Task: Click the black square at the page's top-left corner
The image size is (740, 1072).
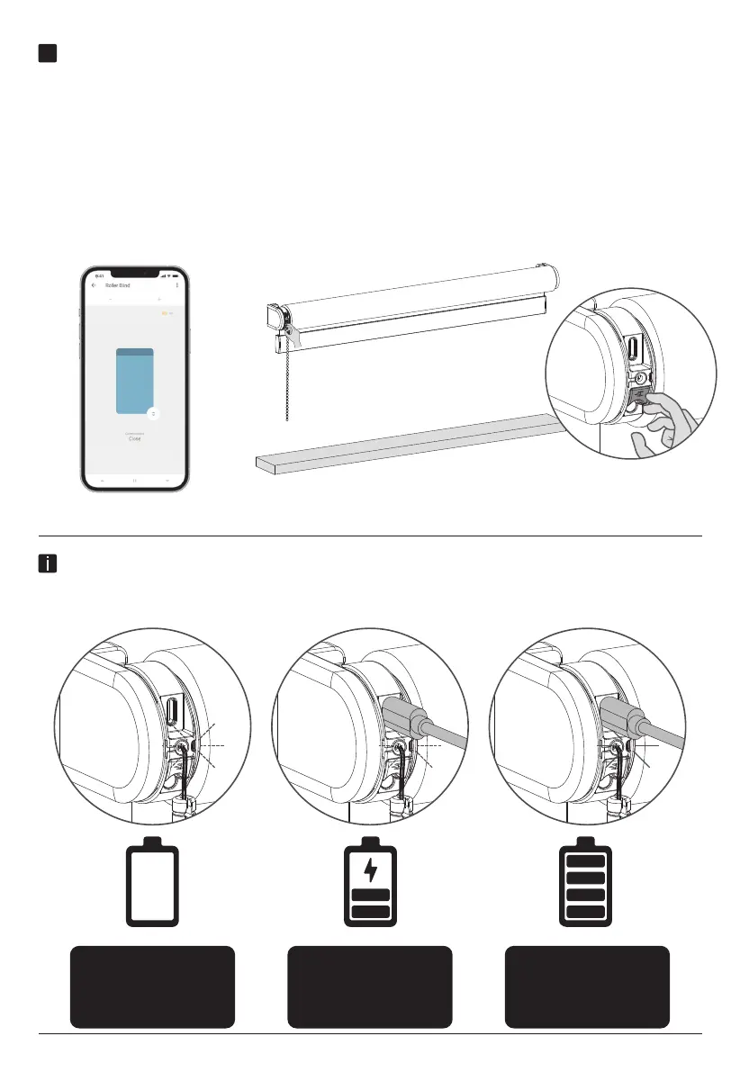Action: click(x=49, y=53)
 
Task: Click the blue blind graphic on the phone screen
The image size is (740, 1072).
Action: click(x=135, y=382)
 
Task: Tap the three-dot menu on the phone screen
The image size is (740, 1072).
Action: click(x=177, y=285)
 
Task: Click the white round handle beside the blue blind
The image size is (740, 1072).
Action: click(x=153, y=413)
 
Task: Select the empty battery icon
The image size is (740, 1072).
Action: click(x=152, y=883)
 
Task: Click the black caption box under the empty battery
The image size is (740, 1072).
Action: click(x=152, y=986)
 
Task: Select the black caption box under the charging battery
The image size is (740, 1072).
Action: click(x=370, y=986)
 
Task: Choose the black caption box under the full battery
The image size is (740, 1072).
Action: click(x=587, y=986)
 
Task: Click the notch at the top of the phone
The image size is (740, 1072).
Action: click(x=135, y=273)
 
